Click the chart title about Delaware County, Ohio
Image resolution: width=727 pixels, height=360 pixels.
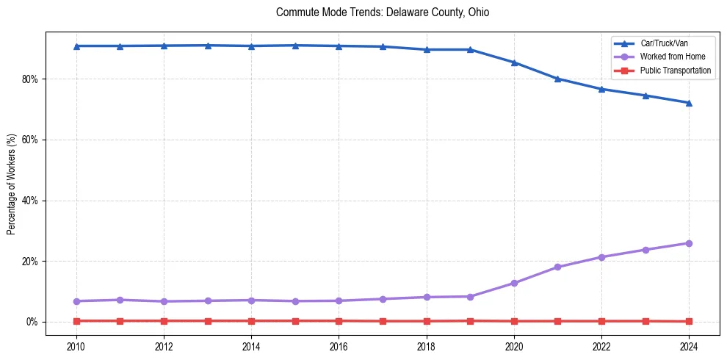click(x=383, y=12)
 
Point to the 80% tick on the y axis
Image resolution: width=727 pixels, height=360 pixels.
click(x=31, y=79)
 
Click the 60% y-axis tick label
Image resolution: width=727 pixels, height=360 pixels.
click(x=31, y=140)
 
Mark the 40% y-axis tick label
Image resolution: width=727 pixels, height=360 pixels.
click(x=31, y=201)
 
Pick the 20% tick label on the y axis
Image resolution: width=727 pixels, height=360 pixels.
click(x=31, y=262)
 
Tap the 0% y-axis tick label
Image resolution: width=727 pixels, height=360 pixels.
click(x=33, y=322)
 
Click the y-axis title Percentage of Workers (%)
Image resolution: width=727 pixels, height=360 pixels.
click(x=12, y=184)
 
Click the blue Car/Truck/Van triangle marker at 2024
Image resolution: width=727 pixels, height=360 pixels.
click(x=689, y=103)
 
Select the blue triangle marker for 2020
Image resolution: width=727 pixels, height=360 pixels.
click(x=514, y=62)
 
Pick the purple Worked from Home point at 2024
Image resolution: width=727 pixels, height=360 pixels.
click(x=689, y=243)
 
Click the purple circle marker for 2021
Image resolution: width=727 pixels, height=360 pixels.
click(x=557, y=267)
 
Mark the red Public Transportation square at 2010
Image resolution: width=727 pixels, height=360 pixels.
click(x=76, y=321)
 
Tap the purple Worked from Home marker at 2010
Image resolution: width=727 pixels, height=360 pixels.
click(x=76, y=301)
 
